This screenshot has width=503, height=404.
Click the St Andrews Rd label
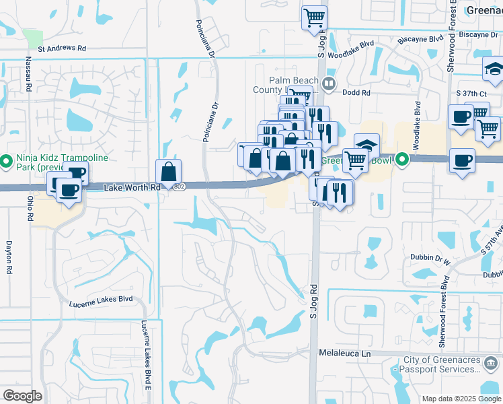point(63,48)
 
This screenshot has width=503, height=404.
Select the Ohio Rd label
point(30,209)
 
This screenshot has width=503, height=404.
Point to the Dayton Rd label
point(9,257)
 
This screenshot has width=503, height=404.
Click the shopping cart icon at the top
point(314,18)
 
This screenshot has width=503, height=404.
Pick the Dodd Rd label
point(356,92)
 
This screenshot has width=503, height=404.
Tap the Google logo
point(22,396)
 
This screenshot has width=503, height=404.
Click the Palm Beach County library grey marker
point(329,83)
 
